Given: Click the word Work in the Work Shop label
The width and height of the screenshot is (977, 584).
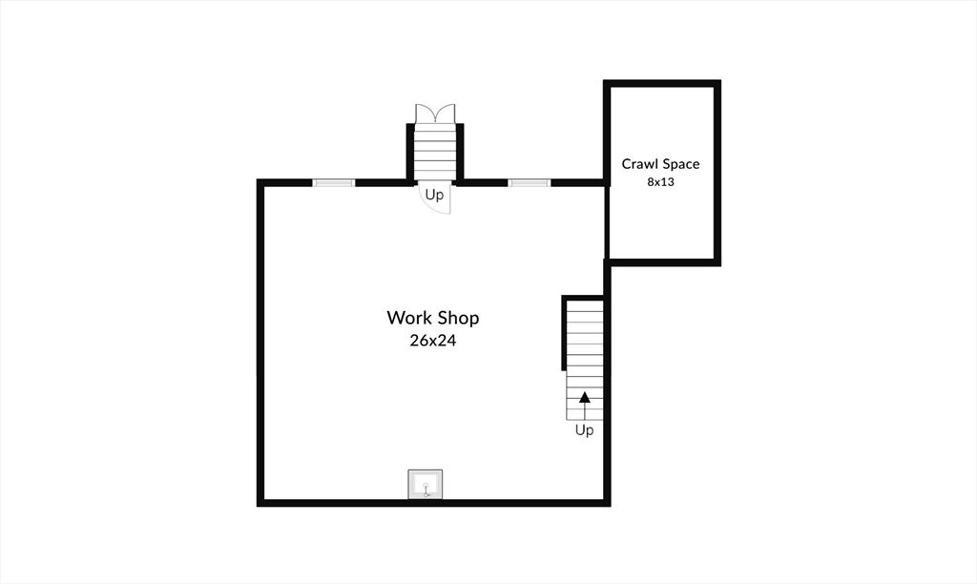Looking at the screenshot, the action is coord(408,318).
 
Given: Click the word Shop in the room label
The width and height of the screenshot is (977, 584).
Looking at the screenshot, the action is coord(457,319).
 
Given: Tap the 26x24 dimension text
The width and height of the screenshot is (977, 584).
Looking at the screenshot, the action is coord(433,341).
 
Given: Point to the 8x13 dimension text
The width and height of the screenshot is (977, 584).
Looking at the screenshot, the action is coord(660,182).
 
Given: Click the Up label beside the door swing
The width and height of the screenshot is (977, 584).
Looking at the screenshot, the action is coord(434,195).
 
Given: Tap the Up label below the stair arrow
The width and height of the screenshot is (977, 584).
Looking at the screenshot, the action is coord(585,430).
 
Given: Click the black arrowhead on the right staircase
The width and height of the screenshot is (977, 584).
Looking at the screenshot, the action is coord(585,397).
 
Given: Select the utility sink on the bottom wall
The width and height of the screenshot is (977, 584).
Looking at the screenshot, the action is coord(426,484).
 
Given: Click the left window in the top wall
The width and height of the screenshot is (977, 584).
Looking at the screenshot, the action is coord(333,182).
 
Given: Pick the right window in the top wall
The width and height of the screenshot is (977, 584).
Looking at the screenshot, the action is coord(529,182).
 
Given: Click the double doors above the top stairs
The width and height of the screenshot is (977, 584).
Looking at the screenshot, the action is coord(435,114).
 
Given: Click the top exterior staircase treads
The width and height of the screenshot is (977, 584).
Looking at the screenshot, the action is coord(435,152).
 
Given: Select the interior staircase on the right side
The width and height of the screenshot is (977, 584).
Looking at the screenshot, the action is coord(585,361).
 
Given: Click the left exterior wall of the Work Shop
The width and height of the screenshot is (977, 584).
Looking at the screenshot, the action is coord(260,343).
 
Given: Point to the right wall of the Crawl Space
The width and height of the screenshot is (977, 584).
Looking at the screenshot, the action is coord(717,173).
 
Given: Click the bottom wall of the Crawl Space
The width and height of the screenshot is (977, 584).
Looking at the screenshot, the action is coord(664,262).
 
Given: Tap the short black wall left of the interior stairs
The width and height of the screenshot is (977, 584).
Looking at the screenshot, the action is coord(564,333).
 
